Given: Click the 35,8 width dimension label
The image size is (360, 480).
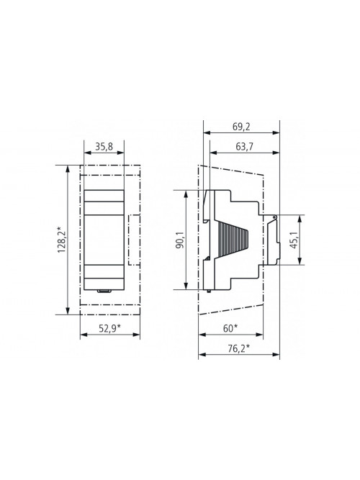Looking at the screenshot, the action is click(104, 147).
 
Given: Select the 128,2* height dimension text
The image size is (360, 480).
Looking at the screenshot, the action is click(62, 240).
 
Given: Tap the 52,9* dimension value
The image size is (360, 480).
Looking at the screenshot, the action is click(109, 328).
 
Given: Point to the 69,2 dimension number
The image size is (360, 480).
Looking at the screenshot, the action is click(241, 127).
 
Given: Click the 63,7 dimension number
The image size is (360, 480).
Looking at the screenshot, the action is click(245, 147).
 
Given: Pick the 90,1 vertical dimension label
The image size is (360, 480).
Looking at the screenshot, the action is click(181, 240).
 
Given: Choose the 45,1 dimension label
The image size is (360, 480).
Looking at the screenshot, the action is click(294, 240).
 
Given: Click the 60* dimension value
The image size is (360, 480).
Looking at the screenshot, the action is click(230, 328).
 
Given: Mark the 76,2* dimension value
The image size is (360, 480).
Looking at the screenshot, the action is click(239, 348).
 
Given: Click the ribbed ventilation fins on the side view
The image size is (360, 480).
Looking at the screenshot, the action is click(233, 240).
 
